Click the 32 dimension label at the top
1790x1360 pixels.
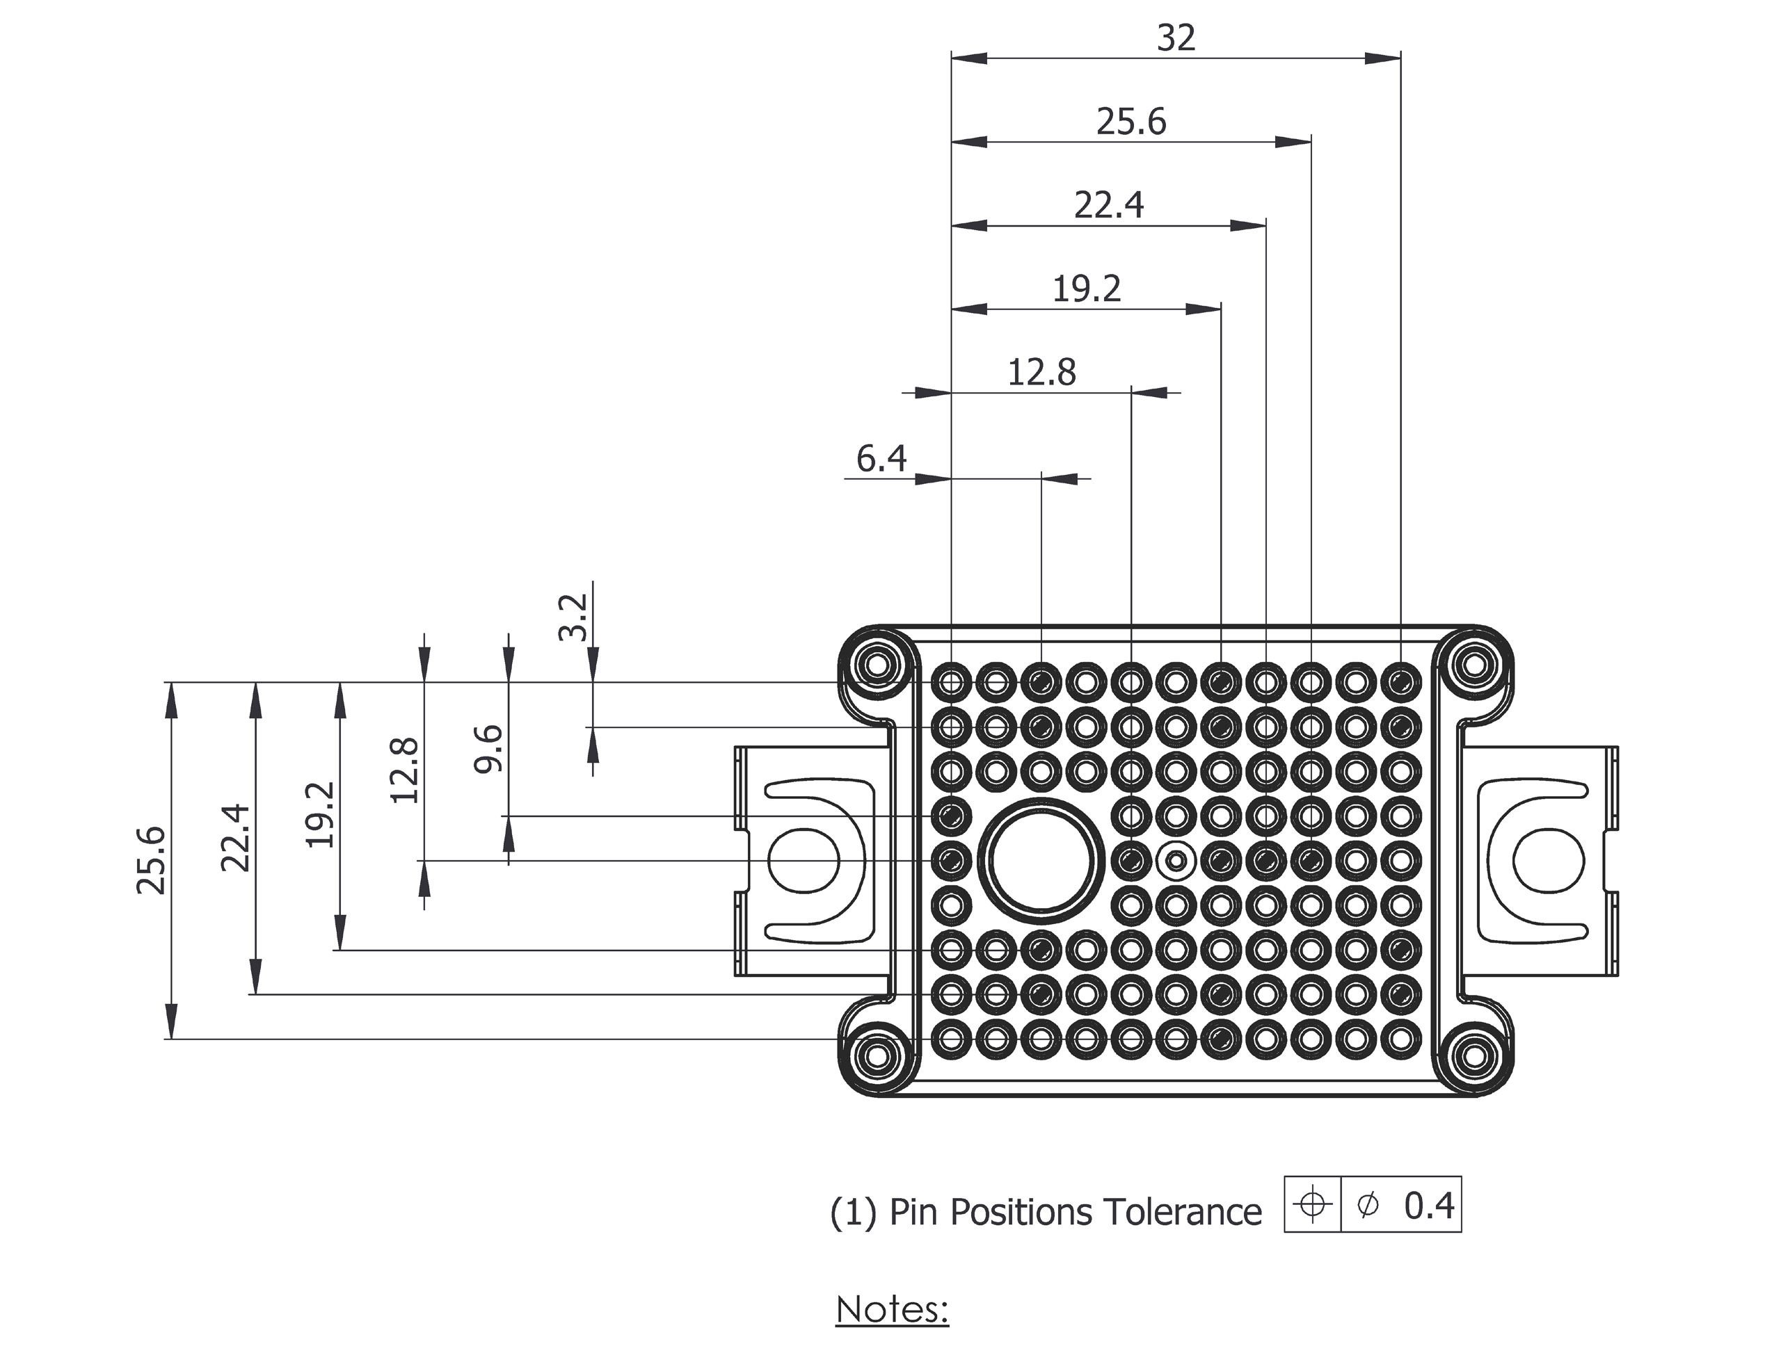click(1176, 38)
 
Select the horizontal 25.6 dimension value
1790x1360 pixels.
click(1131, 122)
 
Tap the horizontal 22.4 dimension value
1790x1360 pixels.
click(1109, 206)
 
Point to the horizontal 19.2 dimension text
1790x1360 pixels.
click(1086, 290)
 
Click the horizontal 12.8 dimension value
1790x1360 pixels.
click(1041, 373)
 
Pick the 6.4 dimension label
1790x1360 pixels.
click(881, 459)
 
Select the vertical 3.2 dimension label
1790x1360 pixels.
click(573, 617)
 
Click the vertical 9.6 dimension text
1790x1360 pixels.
click(488, 749)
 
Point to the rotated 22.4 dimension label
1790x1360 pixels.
click(236, 837)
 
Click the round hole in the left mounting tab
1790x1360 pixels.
click(804, 861)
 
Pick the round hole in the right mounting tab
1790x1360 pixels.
click(1549, 861)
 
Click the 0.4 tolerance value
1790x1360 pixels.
click(1430, 1206)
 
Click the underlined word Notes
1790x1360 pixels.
click(892, 1310)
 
